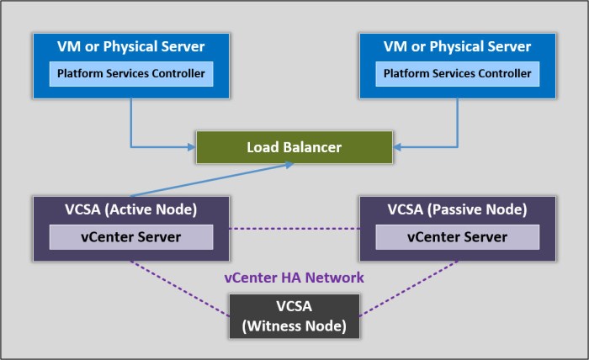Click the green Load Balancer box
pos(294,147)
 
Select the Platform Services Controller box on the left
pos(131,74)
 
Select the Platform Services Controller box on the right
pos(458,74)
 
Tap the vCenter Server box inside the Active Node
pos(131,237)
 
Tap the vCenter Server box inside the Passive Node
pos(458,237)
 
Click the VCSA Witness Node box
pos(294,316)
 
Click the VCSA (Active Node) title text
pos(131,209)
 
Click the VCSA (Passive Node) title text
pos(458,209)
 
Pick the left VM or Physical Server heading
pos(131,46)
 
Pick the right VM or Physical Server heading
pos(458,46)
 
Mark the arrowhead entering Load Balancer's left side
pos(191,148)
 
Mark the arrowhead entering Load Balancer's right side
pos(398,148)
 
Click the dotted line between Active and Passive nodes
pos(294,229)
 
